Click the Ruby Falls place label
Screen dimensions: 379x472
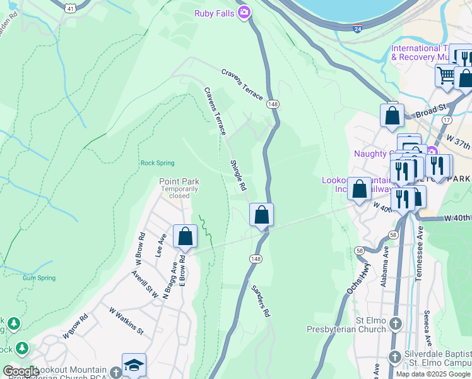point(215,12)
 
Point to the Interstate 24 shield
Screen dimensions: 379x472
point(358,28)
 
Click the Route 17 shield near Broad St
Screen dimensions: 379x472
point(447,119)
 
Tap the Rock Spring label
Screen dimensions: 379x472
point(156,163)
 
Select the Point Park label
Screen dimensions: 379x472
point(179,182)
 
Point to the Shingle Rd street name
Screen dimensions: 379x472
point(237,176)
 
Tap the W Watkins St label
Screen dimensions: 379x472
point(126,321)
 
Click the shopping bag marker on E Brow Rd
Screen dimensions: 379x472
point(186,236)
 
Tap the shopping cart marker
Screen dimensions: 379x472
point(446,75)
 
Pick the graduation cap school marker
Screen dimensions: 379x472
point(134,364)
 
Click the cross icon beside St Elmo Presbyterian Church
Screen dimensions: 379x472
point(395,324)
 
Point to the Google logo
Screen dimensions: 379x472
point(21,371)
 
